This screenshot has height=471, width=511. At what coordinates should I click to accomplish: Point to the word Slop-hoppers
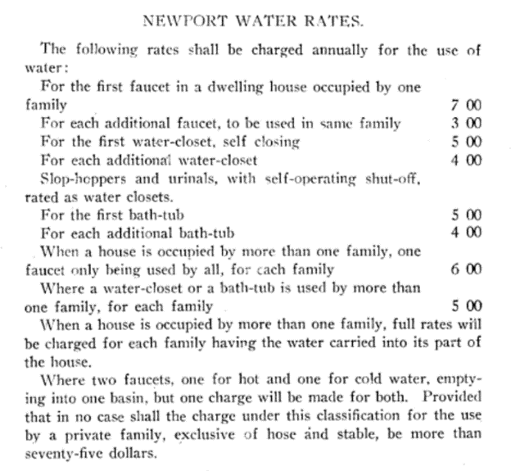[x=79, y=179]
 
